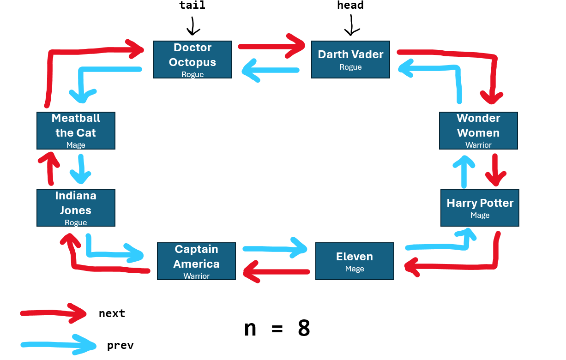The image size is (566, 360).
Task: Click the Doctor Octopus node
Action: point(193,60)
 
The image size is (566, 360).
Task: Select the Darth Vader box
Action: point(350,60)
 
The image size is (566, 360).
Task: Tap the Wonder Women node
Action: point(478,131)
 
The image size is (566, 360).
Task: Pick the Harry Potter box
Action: point(480,208)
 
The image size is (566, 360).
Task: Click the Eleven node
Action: point(355,261)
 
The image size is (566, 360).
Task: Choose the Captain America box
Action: point(196,261)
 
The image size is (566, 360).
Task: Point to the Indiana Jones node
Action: point(76,208)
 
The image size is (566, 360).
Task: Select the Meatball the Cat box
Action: point(76,131)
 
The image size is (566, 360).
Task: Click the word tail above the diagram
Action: point(192,6)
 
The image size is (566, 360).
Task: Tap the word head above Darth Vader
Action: point(350,6)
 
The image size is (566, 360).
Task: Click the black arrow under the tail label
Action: point(193,26)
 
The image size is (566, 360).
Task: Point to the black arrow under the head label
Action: point(351,25)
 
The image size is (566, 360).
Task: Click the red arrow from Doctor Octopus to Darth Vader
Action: point(271,46)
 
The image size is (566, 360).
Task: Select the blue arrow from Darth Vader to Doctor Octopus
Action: point(271,71)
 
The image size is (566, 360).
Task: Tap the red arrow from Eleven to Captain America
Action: point(276,271)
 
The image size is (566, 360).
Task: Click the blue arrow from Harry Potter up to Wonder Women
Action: point(464,171)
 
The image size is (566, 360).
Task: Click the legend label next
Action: point(112,313)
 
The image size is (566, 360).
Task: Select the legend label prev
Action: point(120,345)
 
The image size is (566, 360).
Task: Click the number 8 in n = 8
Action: point(304,329)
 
